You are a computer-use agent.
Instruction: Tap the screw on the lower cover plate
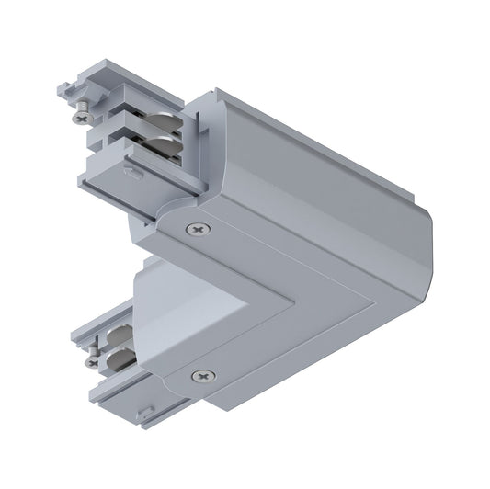click(x=201, y=375)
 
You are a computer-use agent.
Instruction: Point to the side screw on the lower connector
click(x=91, y=361)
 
